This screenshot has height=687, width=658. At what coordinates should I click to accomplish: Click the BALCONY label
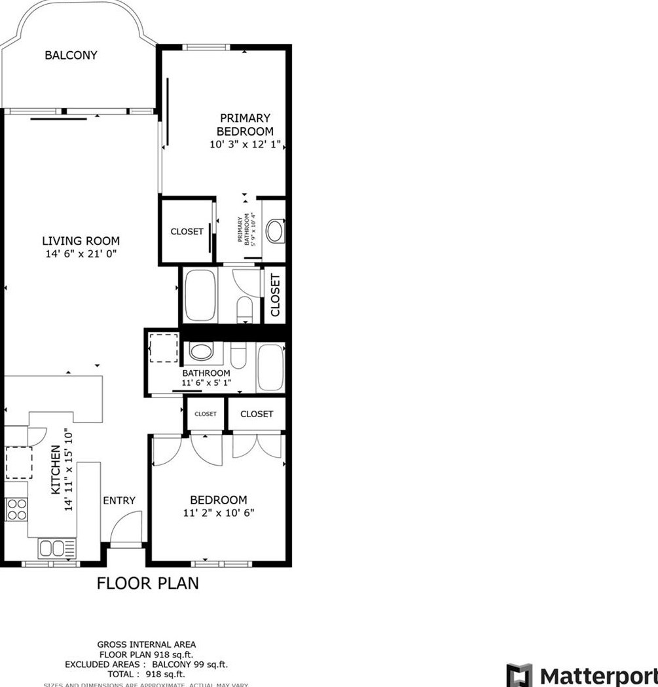point(71,55)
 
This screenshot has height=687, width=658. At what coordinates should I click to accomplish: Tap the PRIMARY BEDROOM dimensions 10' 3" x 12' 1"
point(245,145)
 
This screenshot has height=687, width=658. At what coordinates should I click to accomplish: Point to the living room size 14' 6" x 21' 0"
point(81,253)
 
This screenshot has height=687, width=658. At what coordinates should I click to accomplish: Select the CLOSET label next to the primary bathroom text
point(187,231)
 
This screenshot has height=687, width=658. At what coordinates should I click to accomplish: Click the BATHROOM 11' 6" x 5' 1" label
point(206,378)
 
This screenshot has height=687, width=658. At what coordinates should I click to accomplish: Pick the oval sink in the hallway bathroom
point(201,352)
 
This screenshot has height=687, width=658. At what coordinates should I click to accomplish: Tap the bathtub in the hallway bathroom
point(270,367)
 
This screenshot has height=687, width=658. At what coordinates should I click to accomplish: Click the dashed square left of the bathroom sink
point(164,348)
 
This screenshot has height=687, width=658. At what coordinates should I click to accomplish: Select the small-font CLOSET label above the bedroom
point(205,414)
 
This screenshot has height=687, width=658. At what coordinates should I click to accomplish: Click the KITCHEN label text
point(56,470)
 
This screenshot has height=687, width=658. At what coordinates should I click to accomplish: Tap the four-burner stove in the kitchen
point(16,510)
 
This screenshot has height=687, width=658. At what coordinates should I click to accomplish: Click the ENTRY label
point(119,500)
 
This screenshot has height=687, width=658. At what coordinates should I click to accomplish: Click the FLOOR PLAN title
point(147,583)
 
